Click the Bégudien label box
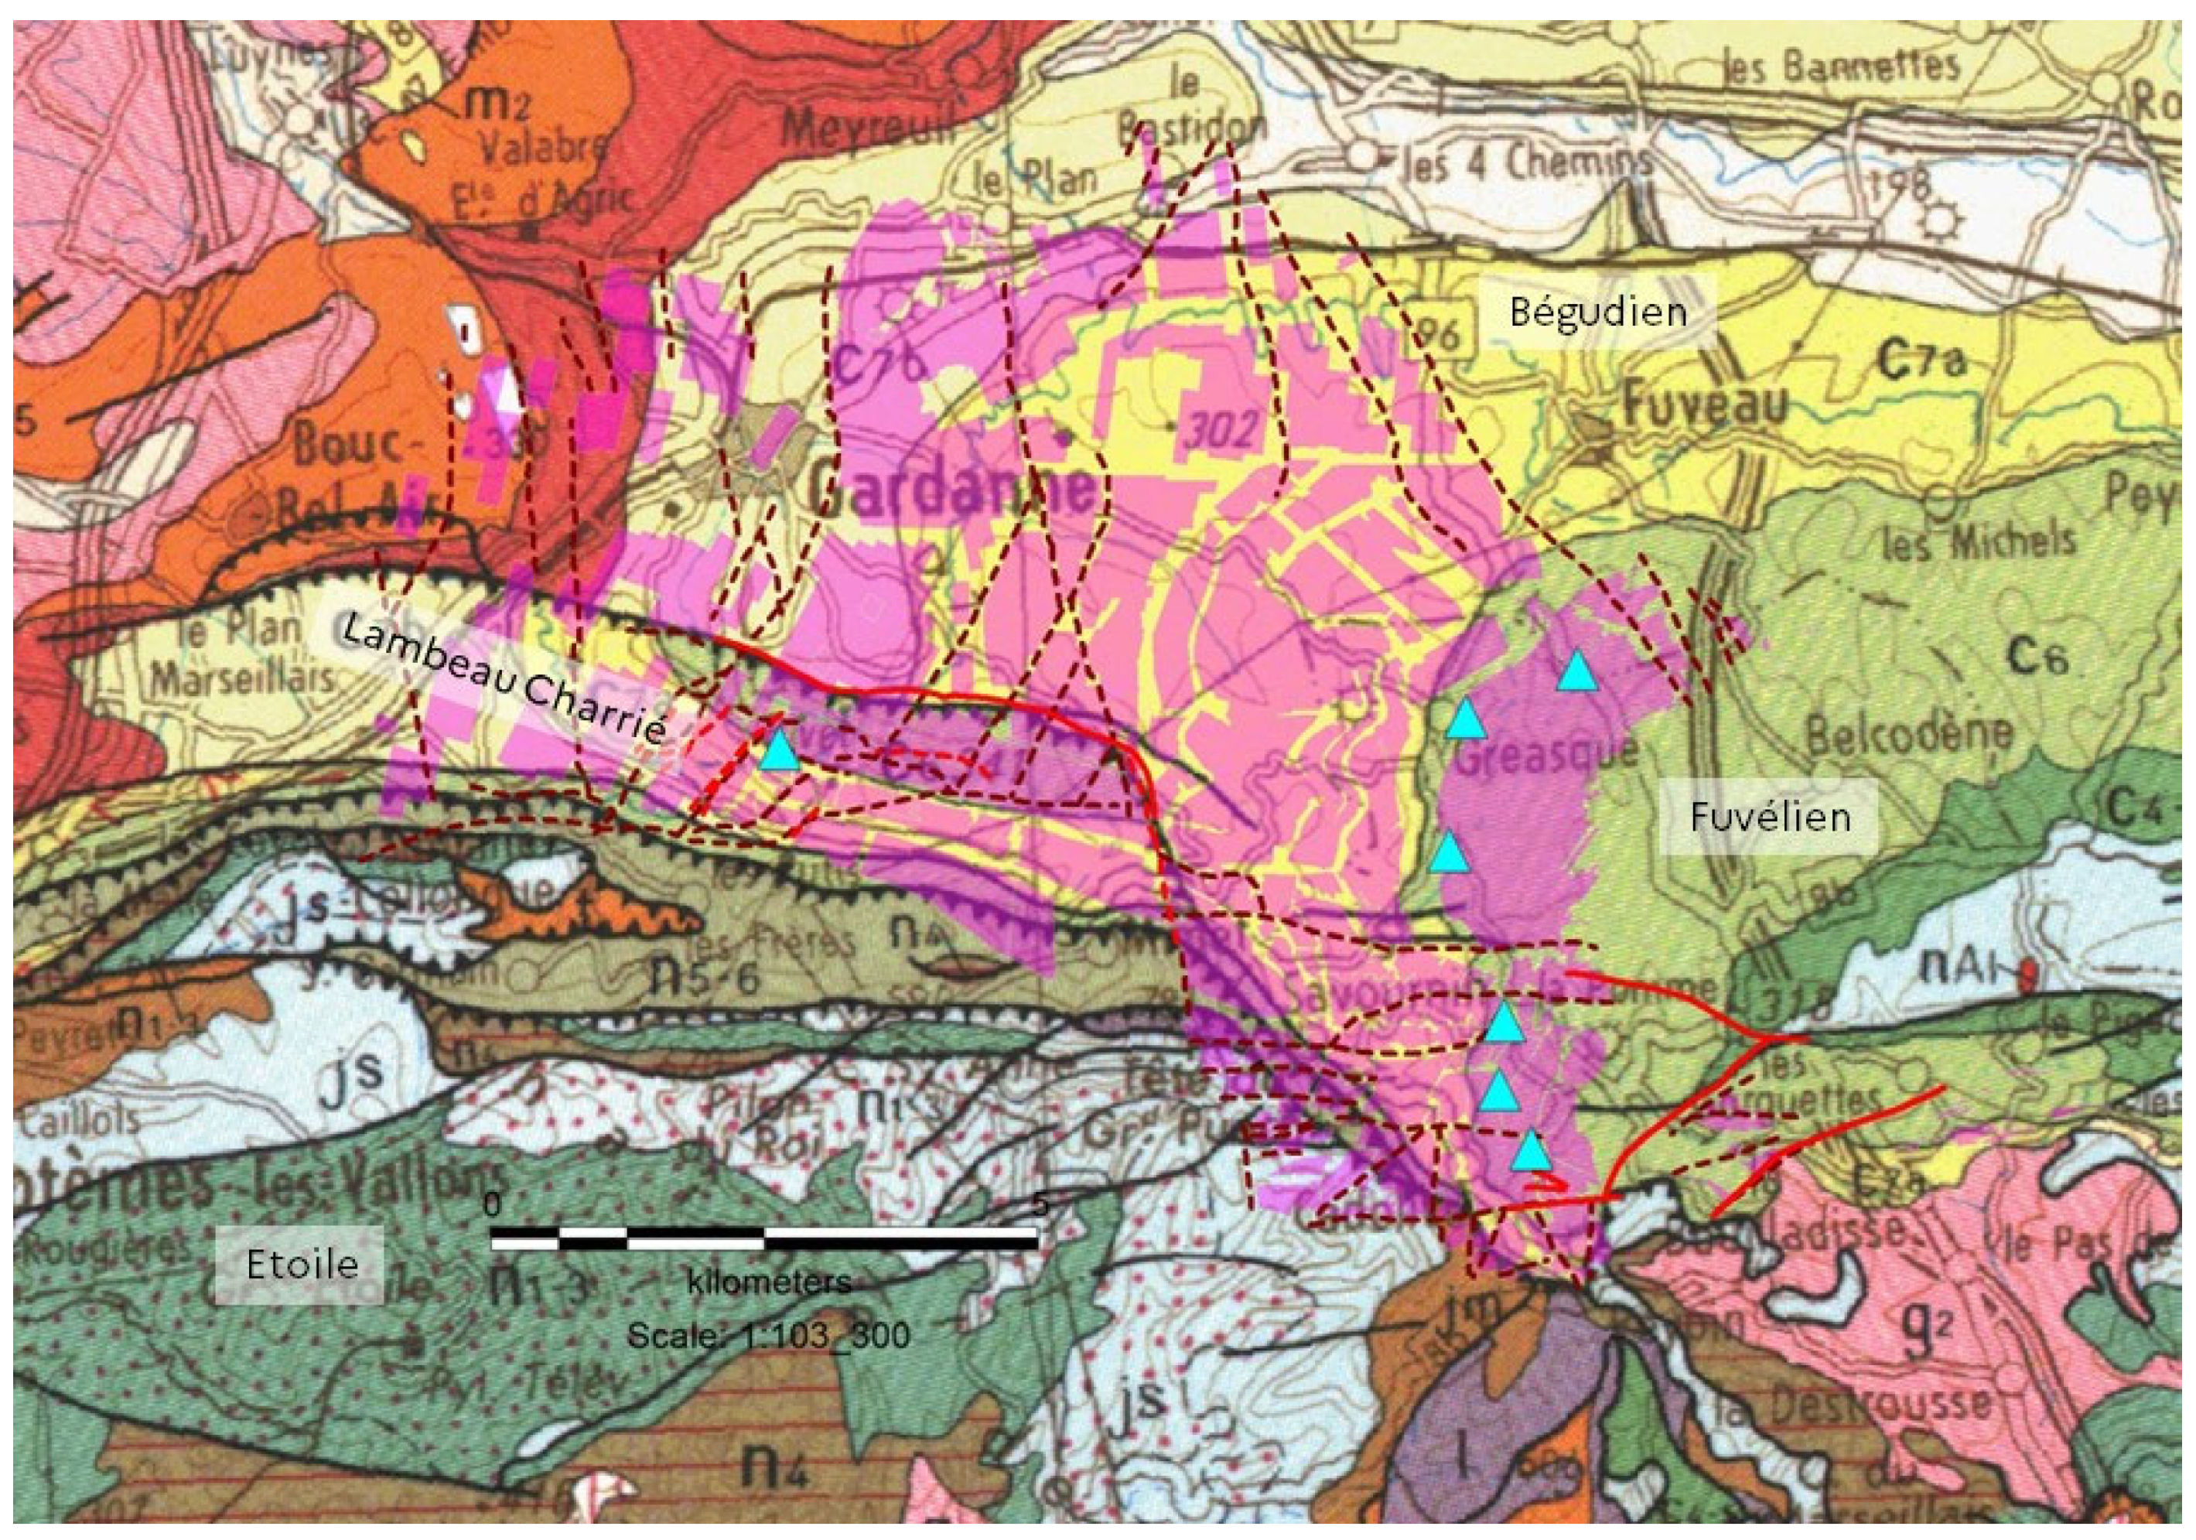pyautogui.click(x=1598, y=312)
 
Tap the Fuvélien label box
pyautogui.click(x=1770, y=817)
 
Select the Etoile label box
pyautogui.click(x=302, y=1265)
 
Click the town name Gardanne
pyautogui.click(x=951, y=490)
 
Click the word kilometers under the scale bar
pyautogui.click(x=769, y=1282)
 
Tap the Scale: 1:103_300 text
pyautogui.click(x=768, y=1335)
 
